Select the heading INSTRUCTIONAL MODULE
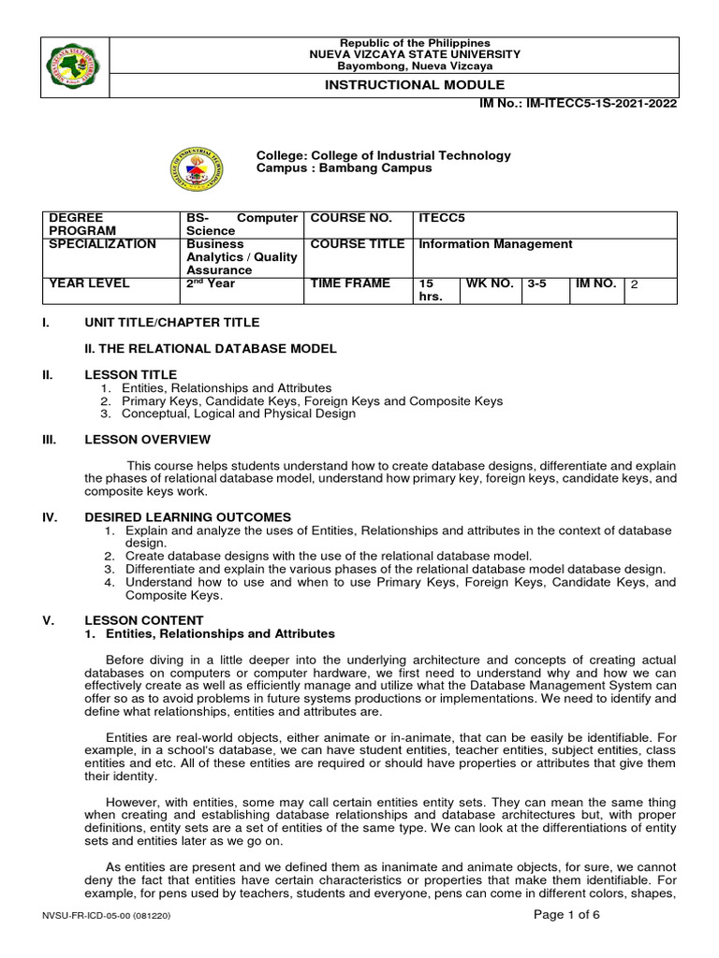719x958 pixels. [x=413, y=85]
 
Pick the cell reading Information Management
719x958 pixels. [x=495, y=245]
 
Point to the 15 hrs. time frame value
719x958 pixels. [x=429, y=290]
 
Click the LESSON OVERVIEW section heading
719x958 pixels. [x=147, y=440]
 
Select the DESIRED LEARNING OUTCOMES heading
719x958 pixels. [x=187, y=516]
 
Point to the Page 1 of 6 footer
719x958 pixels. [x=565, y=915]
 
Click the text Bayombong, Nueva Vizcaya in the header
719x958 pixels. [x=414, y=65]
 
